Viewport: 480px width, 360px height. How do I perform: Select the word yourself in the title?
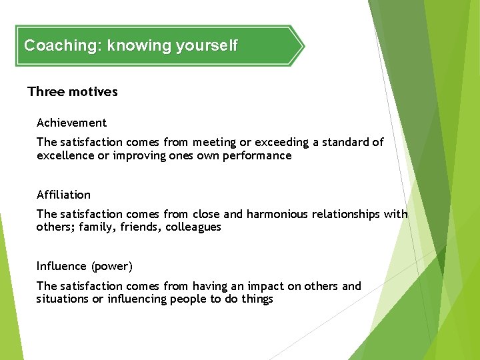(206, 46)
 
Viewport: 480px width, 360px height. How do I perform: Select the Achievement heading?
(71, 123)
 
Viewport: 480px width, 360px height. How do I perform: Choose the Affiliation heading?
(63, 195)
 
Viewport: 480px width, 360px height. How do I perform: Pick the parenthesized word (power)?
(113, 266)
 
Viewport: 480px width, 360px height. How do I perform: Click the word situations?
(63, 299)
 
